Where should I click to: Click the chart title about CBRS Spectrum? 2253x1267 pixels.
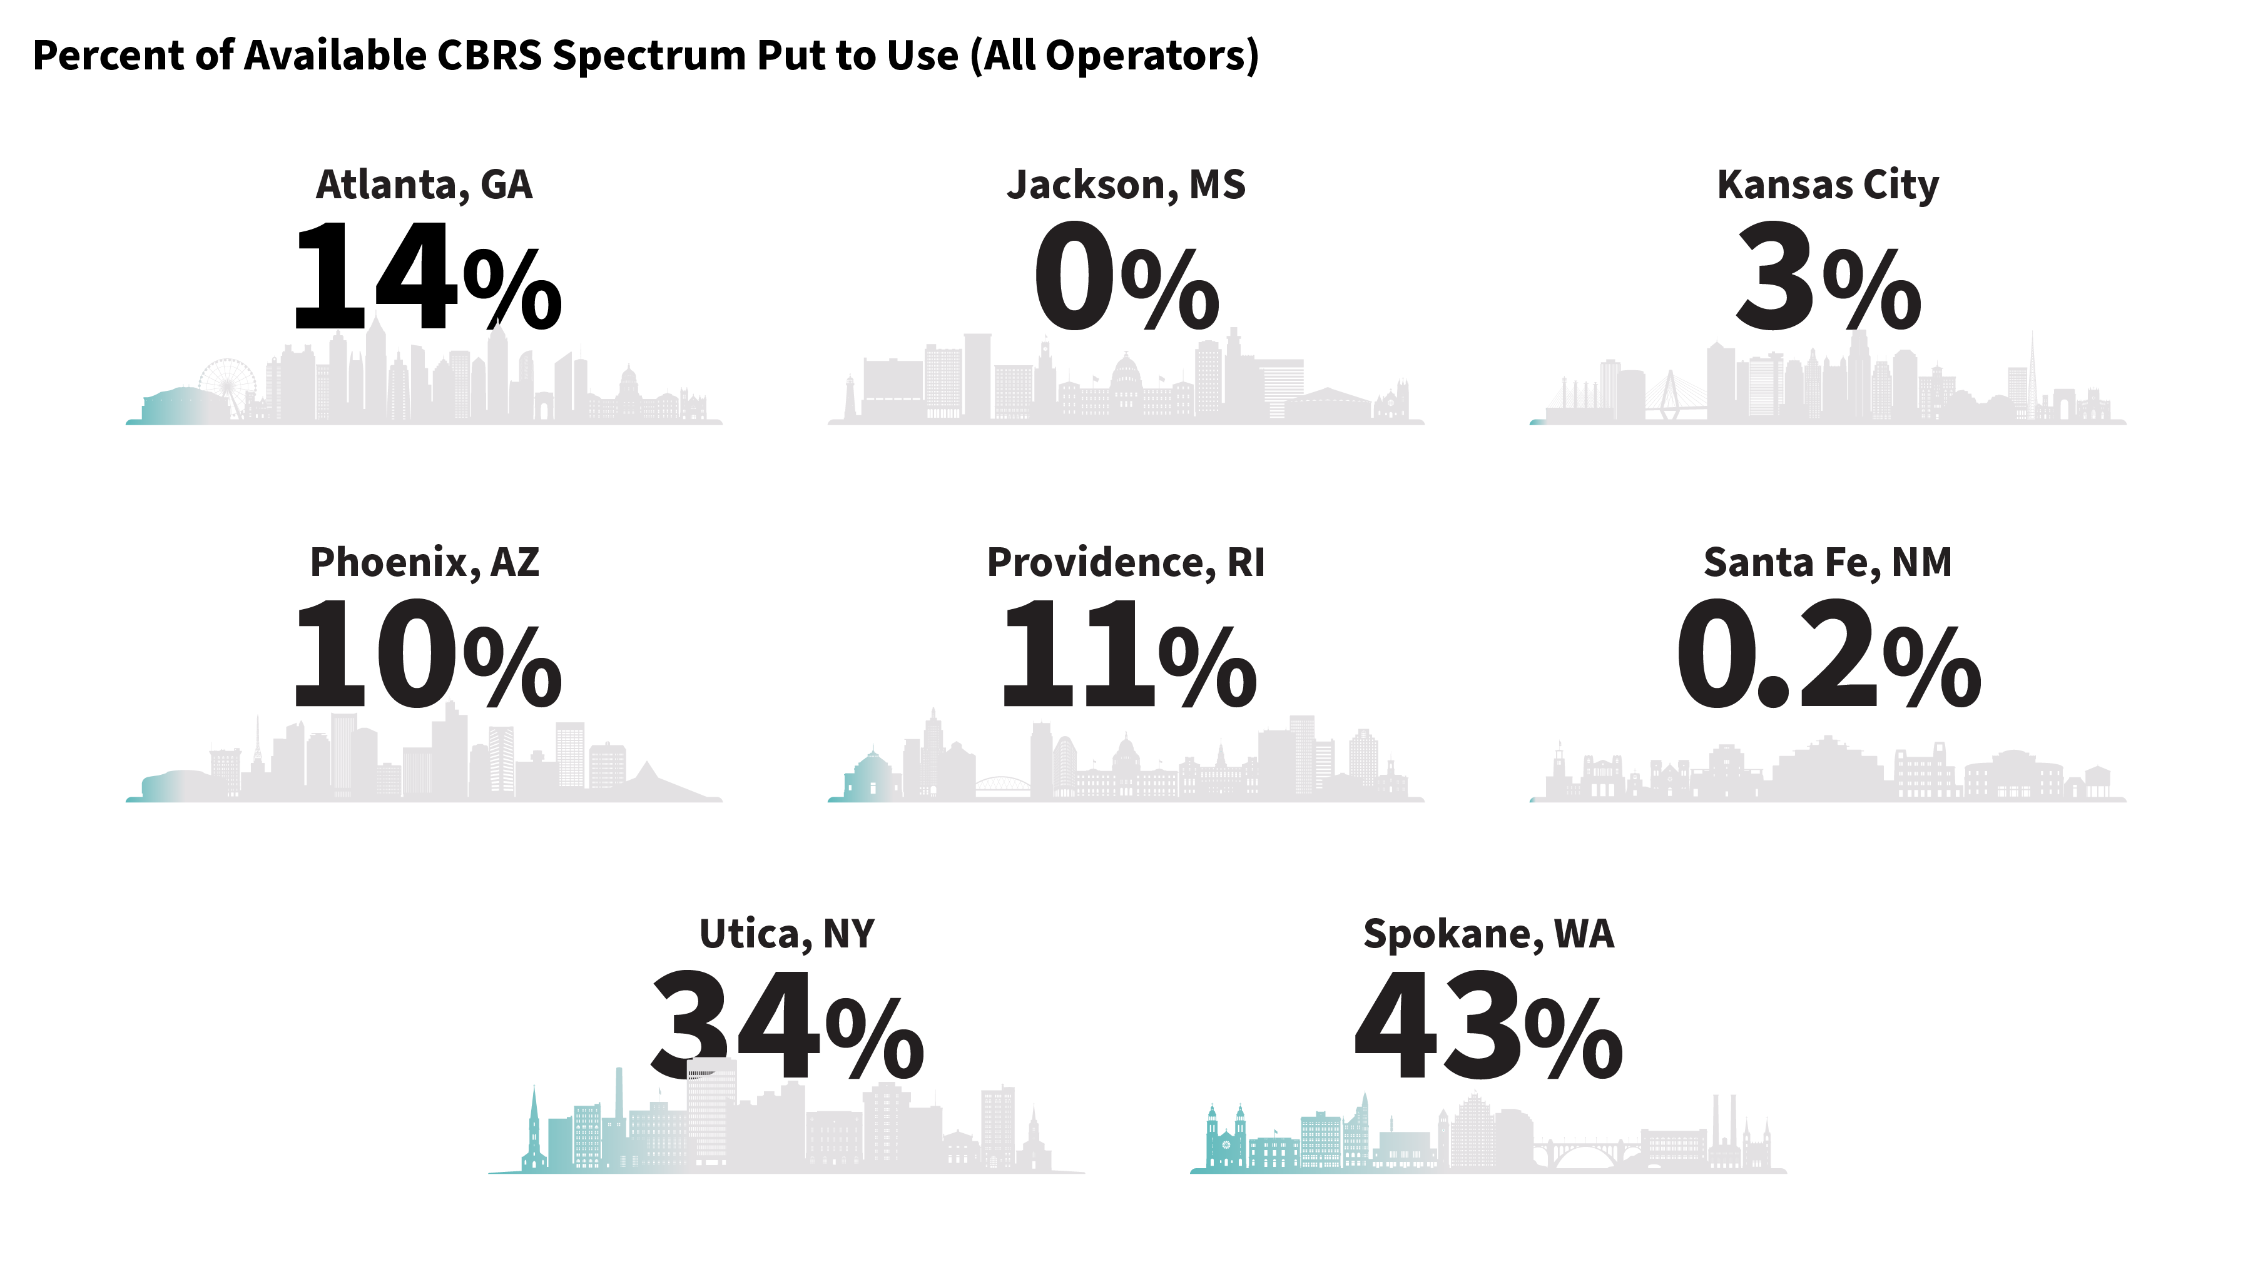click(x=646, y=55)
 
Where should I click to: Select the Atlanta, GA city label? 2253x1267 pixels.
click(x=424, y=184)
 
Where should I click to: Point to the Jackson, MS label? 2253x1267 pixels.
click(x=1126, y=184)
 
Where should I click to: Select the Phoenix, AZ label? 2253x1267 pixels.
click(x=424, y=562)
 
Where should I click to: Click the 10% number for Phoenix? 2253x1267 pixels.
click(x=426, y=654)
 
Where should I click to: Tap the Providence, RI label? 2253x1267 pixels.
click(x=1126, y=562)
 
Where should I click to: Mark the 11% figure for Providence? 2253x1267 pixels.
click(x=1127, y=654)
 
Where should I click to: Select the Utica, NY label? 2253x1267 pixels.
click(x=786, y=934)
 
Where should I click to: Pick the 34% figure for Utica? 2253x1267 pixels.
click(x=786, y=1026)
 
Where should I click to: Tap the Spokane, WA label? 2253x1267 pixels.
click(x=1488, y=934)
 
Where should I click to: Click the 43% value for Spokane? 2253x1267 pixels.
click(x=1488, y=1026)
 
